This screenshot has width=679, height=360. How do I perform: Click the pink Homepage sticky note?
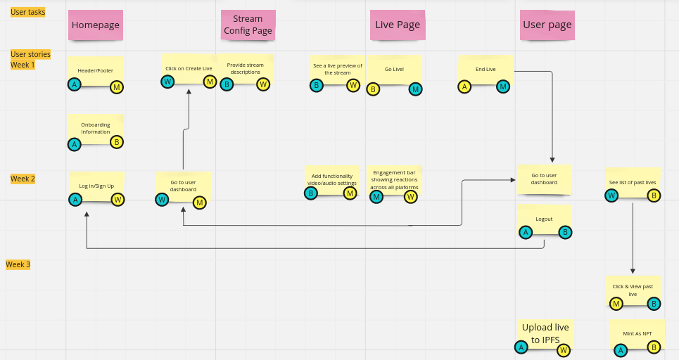(96, 25)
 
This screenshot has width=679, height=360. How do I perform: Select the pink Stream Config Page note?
(248, 25)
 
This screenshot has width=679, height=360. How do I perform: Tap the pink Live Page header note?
(398, 25)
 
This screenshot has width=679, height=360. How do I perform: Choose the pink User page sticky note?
(547, 25)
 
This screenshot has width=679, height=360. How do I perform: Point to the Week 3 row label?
(18, 264)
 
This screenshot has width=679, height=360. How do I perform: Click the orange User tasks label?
(28, 12)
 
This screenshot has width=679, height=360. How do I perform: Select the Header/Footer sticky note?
(96, 70)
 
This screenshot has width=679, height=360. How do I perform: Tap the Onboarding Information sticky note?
(96, 128)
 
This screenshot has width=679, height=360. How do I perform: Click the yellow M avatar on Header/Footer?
(117, 87)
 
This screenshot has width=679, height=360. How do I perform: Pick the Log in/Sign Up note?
(96, 186)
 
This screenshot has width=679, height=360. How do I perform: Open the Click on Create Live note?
(189, 68)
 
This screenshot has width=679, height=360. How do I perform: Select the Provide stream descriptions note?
(246, 68)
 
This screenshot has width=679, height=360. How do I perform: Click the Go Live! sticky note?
(394, 70)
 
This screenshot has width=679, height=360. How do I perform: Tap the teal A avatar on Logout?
(525, 233)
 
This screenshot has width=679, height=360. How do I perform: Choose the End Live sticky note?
(486, 70)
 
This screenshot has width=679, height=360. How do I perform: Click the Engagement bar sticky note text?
(394, 180)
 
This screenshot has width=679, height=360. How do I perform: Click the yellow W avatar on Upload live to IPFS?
(563, 349)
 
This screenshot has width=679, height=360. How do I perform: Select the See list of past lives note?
(633, 182)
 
